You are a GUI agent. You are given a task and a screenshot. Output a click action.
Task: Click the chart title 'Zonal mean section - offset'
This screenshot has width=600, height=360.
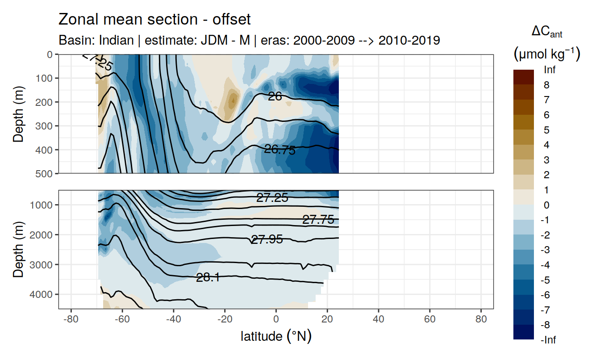154,19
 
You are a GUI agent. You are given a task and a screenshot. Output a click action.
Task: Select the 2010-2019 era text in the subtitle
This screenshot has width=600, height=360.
409,40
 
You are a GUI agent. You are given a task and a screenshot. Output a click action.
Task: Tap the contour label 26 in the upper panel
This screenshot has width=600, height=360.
275,96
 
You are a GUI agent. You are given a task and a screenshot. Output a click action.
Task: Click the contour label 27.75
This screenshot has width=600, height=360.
318,219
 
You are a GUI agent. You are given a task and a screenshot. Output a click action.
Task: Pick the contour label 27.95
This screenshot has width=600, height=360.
267,239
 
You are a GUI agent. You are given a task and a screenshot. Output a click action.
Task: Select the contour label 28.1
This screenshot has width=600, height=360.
208,277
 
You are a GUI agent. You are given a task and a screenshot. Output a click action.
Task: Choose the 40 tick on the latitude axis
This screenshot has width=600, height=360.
379,320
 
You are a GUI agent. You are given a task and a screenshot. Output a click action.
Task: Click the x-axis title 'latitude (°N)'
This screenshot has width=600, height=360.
276,336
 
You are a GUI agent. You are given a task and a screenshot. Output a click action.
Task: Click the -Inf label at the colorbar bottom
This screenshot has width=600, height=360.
548,340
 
